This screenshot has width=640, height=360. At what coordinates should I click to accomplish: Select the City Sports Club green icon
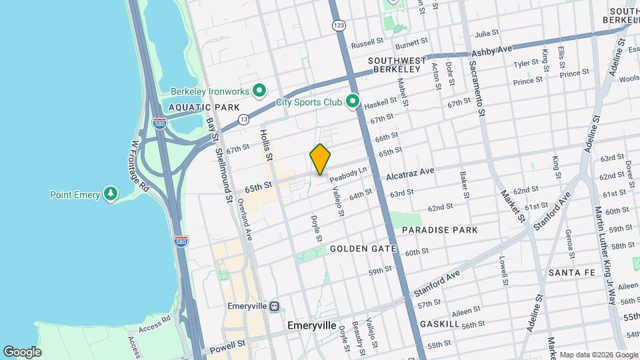353,103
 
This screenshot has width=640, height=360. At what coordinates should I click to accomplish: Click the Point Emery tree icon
111,195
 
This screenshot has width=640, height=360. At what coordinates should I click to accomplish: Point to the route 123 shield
339,25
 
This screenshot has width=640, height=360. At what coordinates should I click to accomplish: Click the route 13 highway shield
244,119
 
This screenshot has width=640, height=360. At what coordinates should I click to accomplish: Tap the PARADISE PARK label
439,230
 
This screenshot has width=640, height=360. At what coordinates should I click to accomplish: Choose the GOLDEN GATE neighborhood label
363,249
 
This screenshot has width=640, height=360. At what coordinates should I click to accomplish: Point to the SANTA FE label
571,273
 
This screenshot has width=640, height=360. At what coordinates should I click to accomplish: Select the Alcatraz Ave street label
410,175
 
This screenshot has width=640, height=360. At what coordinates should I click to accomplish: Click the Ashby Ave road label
491,51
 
